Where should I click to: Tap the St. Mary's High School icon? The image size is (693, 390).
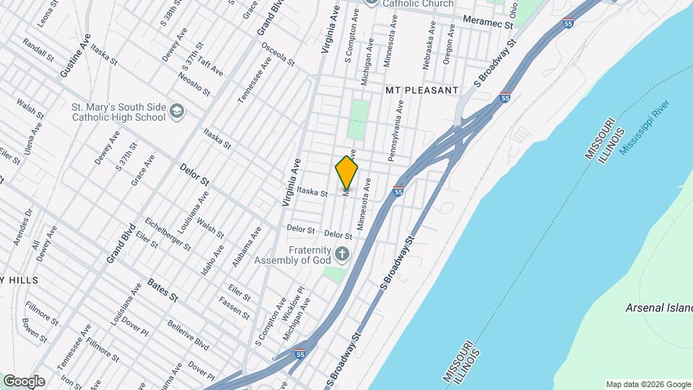(x=178, y=111)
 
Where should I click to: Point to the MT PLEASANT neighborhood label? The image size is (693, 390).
(x=422, y=90)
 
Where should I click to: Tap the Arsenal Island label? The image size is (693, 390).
(x=658, y=308)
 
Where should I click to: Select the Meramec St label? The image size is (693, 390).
(x=487, y=24)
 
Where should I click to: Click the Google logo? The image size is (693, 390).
(x=23, y=381)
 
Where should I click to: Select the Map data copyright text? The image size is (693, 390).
(x=647, y=384)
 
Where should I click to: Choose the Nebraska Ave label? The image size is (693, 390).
(x=428, y=46)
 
